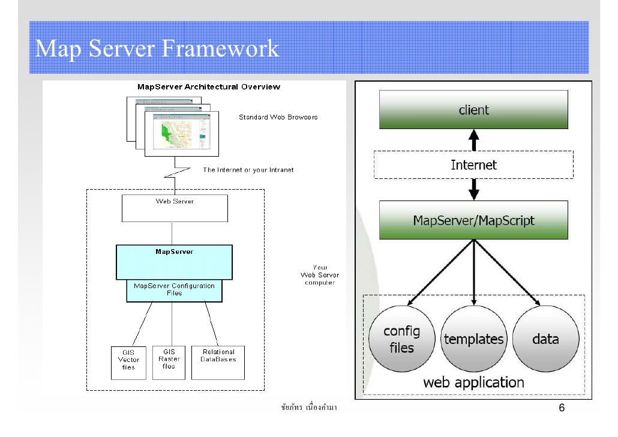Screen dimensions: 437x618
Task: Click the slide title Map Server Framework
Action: pyautogui.click(x=157, y=49)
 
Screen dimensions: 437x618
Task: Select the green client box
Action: pyautogui.click(x=473, y=110)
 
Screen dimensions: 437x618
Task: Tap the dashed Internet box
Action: pyautogui.click(x=473, y=164)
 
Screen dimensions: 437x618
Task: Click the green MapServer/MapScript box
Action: pyautogui.click(x=473, y=220)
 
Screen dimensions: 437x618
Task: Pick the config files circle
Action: pyautogui.click(x=401, y=339)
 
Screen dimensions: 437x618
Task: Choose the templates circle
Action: pyautogui.click(x=474, y=339)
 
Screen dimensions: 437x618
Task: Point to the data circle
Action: pyautogui.click(x=545, y=339)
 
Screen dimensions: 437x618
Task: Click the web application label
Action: pyautogui.click(x=473, y=382)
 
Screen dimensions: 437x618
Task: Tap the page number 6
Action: pyautogui.click(x=562, y=409)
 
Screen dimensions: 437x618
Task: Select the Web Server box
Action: pyautogui.click(x=175, y=208)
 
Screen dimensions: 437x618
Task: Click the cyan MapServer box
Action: pyautogui.click(x=174, y=262)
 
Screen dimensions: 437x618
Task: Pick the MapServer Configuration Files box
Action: pyautogui.click(x=174, y=291)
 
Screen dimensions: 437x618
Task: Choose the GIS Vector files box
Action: pyautogui.click(x=128, y=362)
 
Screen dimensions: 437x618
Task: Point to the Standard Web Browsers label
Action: pyautogui.click(x=278, y=117)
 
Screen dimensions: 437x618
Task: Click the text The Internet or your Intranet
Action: pyautogui.click(x=248, y=170)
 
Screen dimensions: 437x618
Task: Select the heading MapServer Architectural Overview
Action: pyautogui.click(x=209, y=86)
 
